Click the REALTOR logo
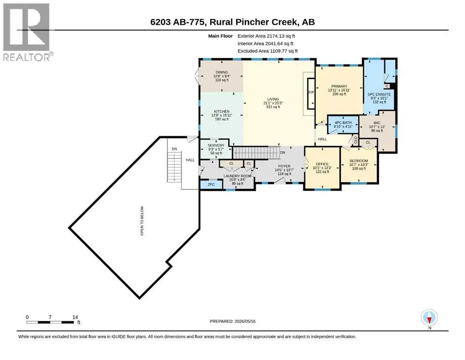click(x=28, y=32)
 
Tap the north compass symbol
click(x=429, y=318)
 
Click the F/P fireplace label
click(x=311, y=93)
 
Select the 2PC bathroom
click(x=211, y=185)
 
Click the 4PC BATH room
click(x=343, y=125)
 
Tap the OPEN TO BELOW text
click(x=142, y=221)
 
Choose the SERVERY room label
click(x=216, y=145)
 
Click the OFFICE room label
click(x=322, y=164)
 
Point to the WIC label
click(x=377, y=123)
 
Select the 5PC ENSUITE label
click(x=379, y=94)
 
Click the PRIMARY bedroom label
click(x=339, y=86)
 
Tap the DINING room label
click(x=222, y=72)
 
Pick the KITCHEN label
click(x=221, y=111)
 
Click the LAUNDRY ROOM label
click(x=237, y=176)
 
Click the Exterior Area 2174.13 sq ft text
click(x=266, y=36)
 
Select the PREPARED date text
click(x=232, y=321)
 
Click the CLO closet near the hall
click(x=355, y=140)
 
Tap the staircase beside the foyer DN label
click(x=256, y=152)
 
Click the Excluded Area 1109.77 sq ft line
click(x=267, y=51)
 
